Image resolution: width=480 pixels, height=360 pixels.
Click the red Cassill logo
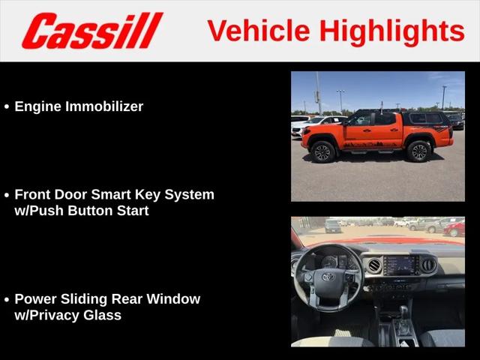click(92, 31)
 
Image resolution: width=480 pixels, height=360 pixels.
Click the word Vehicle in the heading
click(259, 31)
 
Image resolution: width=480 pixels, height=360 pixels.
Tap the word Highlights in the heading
click(392, 32)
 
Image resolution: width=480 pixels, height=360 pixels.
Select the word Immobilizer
click(104, 106)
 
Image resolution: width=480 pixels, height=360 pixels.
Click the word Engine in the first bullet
click(38, 107)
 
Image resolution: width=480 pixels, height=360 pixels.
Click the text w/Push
click(39, 211)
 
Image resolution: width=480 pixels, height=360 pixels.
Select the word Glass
click(102, 315)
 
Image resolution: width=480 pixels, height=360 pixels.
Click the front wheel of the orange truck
click(323, 151)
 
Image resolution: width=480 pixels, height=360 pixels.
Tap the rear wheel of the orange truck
click(419, 151)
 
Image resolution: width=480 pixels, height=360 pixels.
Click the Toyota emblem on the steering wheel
click(328, 277)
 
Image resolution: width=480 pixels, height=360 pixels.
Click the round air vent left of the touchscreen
click(374, 265)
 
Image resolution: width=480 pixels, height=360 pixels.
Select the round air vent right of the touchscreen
click(428, 265)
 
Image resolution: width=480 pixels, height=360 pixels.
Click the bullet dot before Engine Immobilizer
click(7, 106)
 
